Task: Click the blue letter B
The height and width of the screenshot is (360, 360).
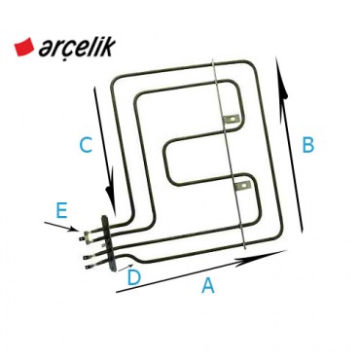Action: (x=307, y=145)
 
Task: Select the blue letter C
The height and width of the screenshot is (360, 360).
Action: (x=86, y=146)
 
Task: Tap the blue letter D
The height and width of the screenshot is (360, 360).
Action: (x=133, y=278)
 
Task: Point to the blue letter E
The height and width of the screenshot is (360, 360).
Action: (x=61, y=209)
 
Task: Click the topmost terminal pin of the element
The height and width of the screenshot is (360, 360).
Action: (x=90, y=234)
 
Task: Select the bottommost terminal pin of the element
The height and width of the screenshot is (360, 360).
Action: (x=90, y=262)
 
